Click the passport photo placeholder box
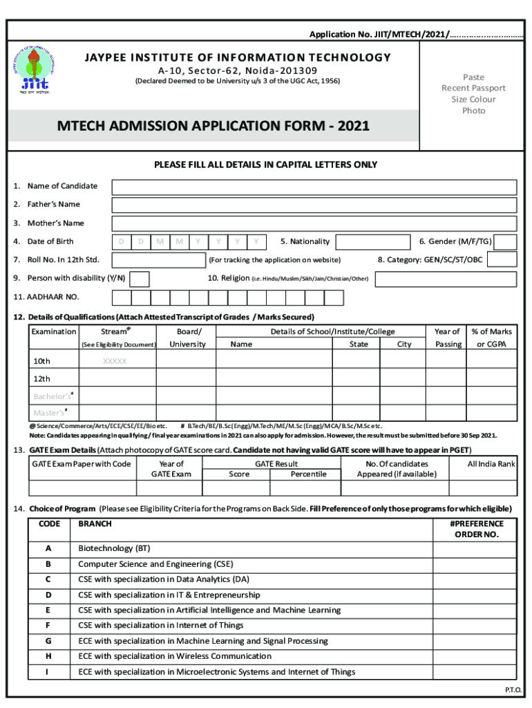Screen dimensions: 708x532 pyautogui.click(x=473, y=93)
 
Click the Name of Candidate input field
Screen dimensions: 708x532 pyautogui.click(x=314, y=187)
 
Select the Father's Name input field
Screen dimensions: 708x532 pyautogui.click(x=314, y=205)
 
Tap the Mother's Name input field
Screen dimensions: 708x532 pyautogui.click(x=314, y=223)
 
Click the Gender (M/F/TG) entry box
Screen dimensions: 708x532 pyautogui.click(x=506, y=241)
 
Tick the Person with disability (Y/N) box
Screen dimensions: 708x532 pyautogui.click(x=140, y=279)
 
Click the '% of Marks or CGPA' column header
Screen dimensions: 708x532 pyautogui.click(x=491, y=338)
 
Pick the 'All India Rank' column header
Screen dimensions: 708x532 pyautogui.click(x=491, y=464)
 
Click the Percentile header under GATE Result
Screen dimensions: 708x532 pyautogui.click(x=308, y=474)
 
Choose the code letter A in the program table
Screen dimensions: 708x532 pyautogui.click(x=48, y=548)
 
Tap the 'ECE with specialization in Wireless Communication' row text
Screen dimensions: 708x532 pyautogui.click(x=175, y=656)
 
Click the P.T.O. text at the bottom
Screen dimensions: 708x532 pyautogui.click(x=513, y=690)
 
